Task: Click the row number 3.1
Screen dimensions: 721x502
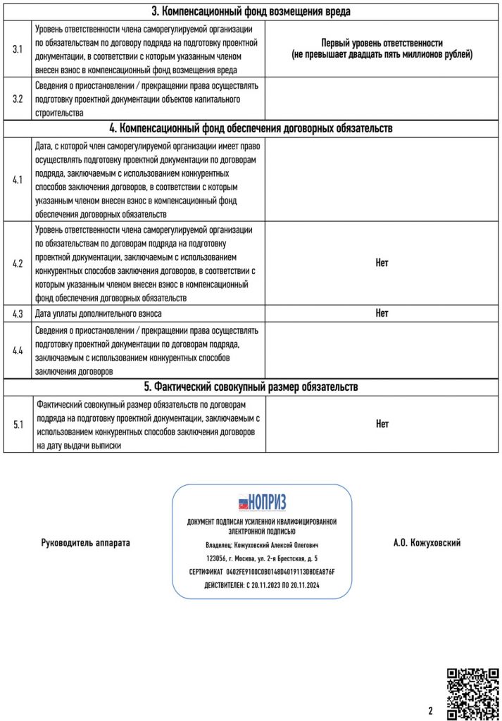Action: pos(18,49)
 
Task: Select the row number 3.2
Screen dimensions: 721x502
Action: pos(18,99)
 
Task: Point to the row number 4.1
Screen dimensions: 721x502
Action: pos(18,180)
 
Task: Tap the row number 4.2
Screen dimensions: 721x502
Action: pos(18,263)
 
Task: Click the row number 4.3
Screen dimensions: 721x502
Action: pos(18,313)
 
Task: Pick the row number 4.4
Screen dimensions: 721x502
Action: pos(18,350)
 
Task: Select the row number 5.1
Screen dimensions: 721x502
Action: pos(18,425)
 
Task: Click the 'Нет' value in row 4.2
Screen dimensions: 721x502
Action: pos(382,263)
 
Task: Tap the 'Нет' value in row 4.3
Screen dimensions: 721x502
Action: pos(382,313)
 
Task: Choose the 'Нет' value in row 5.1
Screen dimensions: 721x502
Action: pos(382,424)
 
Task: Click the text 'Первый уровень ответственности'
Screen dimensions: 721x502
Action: pos(382,43)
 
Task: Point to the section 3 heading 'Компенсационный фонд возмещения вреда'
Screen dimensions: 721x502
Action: pos(251,11)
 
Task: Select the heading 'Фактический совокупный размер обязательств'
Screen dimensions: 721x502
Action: pos(251,387)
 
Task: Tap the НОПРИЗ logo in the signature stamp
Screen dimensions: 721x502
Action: pos(262,503)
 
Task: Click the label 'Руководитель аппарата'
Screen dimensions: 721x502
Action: pos(86,543)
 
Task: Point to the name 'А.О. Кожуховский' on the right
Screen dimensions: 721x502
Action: pos(427,543)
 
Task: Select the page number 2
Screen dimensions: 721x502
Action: pos(430,710)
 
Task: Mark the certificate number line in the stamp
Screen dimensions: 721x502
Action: pos(262,573)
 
